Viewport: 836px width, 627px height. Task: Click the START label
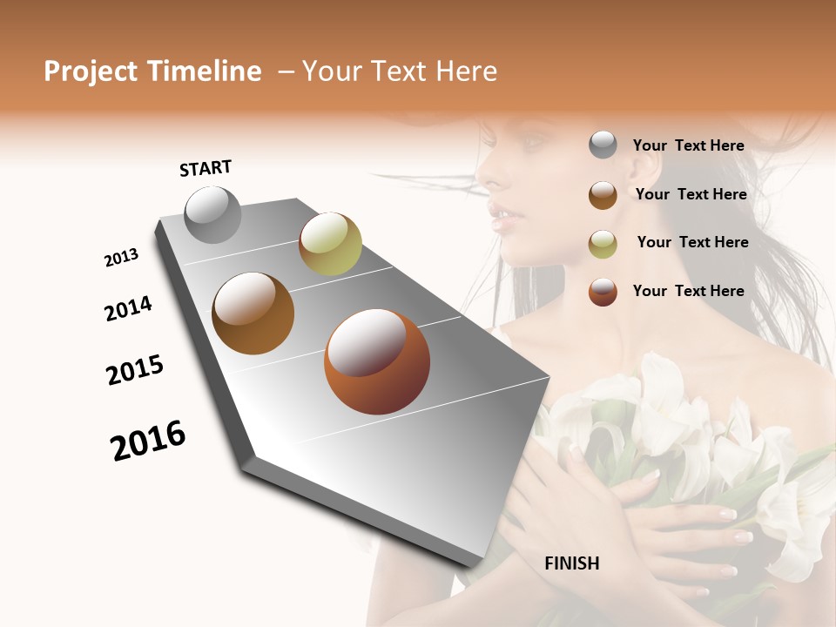(x=206, y=168)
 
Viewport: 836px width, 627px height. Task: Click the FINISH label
(x=572, y=563)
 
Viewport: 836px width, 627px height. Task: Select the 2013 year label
(x=122, y=258)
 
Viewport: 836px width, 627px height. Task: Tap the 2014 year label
(x=129, y=309)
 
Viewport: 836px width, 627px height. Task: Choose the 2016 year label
(x=148, y=441)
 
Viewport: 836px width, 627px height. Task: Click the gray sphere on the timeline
(x=213, y=214)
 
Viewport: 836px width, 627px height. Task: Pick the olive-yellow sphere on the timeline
(x=330, y=243)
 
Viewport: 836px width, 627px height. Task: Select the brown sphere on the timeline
(x=253, y=313)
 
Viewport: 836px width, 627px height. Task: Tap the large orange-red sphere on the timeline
(x=377, y=361)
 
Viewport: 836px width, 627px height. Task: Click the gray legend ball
(x=603, y=145)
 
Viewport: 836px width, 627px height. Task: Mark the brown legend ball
(x=603, y=195)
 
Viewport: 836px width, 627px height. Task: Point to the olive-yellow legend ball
(x=603, y=244)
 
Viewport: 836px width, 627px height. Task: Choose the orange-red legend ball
(x=603, y=292)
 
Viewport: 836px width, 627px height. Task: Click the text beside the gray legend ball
(x=688, y=145)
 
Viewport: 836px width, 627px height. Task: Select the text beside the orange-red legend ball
(x=688, y=291)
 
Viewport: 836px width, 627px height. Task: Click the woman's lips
(x=502, y=212)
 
